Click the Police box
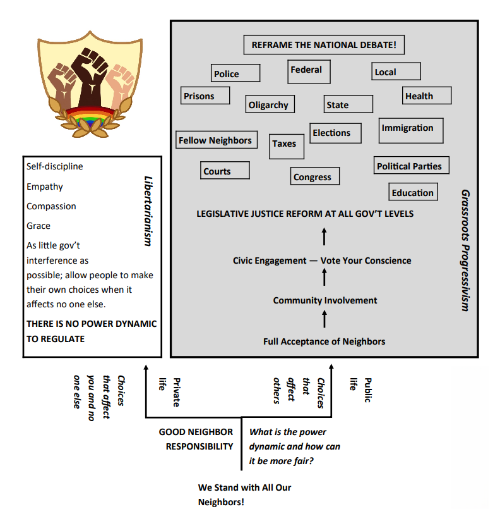click(235, 73)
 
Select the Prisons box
click(205, 96)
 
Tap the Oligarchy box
click(270, 105)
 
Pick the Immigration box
click(410, 130)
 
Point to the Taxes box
click(286, 145)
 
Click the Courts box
click(225, 171)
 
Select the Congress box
click(315, 176)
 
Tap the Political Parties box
click(411, 166)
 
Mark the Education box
click(414, 192)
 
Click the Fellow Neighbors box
click(216, 140)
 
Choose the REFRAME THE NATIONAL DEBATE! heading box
click(323, 45)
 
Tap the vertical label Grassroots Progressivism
click(465, 250)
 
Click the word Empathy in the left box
click(45, 187)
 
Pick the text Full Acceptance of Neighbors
click(324, 341)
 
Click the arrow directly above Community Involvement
click(324, 278)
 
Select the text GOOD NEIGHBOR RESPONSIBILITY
click(196, 439)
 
